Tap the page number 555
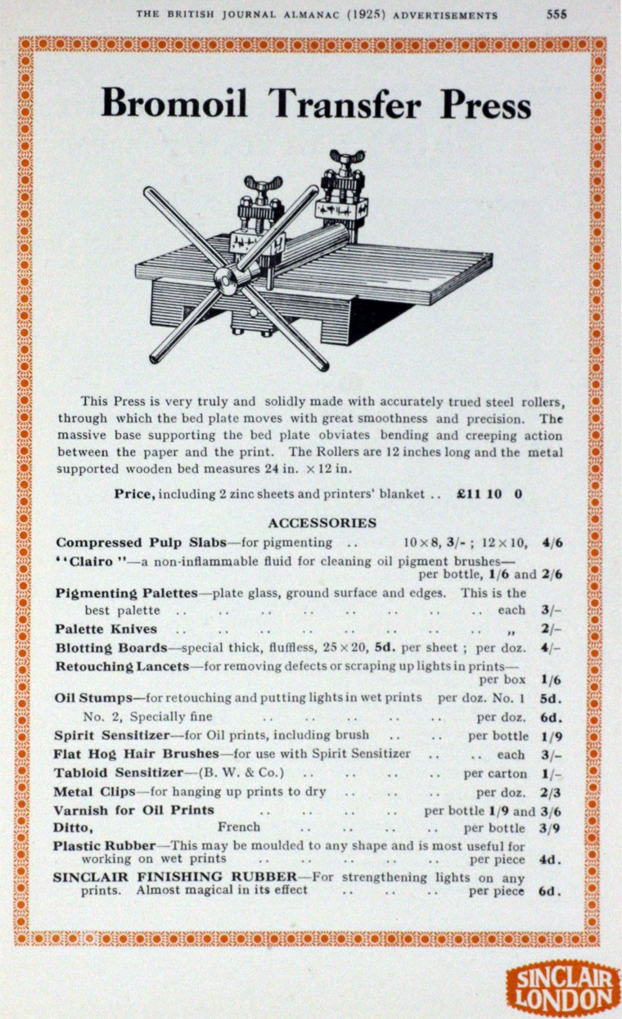(557, 14)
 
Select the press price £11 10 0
(489, 494)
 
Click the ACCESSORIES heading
(322, 522)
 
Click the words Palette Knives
(106, 629)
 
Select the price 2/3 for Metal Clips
(551, 791)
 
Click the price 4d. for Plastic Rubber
(550, 859)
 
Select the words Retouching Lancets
(122, 666)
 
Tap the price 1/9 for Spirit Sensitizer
(551, 735)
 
